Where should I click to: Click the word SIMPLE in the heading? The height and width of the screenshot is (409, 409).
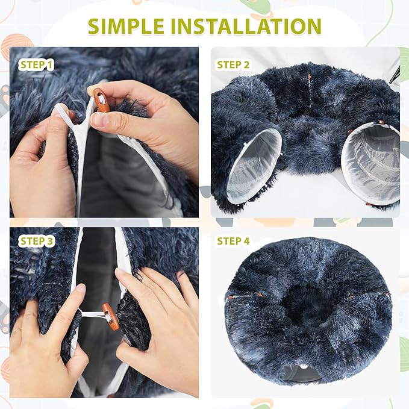pos(126,27)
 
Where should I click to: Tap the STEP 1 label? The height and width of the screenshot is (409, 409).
pos(36,65)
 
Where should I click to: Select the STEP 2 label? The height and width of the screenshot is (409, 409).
pos(233,64)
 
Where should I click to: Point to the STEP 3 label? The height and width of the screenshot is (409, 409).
pos(36,242)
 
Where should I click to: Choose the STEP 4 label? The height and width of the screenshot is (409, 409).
pos(233,242)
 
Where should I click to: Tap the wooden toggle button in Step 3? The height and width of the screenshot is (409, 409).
pos(111,316)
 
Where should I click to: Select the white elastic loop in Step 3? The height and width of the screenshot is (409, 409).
pos(92,314)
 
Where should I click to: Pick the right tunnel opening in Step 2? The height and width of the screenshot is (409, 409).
pos(371,164)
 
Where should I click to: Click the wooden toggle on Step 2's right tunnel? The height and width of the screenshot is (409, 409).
pos(381,122)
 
